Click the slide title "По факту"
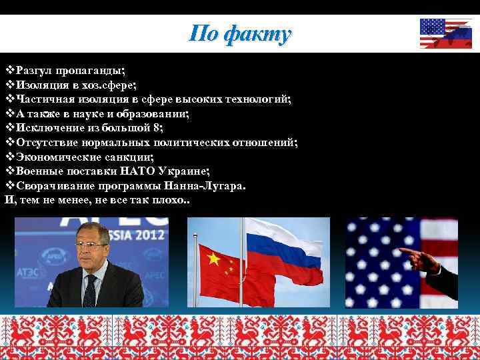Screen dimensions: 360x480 (x=240, y=33)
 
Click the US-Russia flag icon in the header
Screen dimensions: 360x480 (x=445, y=33)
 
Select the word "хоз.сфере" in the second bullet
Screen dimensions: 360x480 (x=110, y=85)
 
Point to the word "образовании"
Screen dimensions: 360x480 (x=155, y=114)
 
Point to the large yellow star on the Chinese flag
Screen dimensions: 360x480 (x=213, y=259)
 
